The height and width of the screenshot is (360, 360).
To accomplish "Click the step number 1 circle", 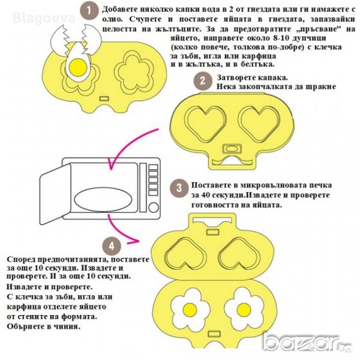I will tap(89, 10).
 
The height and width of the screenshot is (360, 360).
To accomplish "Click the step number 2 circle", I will tap(203, 81).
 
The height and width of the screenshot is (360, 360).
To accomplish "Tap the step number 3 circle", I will tap(179, 188).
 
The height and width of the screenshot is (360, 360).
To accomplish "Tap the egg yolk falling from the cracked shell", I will tap(76, 70).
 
